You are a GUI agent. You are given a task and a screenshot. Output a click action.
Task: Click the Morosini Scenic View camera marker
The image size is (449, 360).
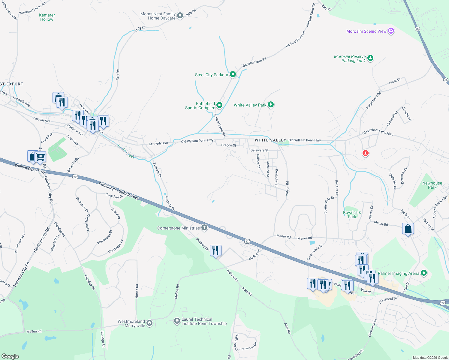[x=391, y=31]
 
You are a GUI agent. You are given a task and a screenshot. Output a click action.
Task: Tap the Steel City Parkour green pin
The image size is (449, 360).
[x=233, y=74]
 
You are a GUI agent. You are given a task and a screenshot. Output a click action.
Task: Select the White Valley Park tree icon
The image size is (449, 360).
[x=271, y=105]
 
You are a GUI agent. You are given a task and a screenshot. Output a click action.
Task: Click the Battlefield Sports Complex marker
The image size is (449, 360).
[x=219, y=105]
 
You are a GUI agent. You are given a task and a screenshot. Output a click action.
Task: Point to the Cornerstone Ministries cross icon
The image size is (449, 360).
[x=204, y=228]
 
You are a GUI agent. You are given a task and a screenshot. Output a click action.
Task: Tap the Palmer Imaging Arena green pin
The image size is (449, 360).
[x=424, y=273]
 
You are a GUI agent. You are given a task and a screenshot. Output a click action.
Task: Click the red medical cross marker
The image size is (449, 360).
[x=365, y=153]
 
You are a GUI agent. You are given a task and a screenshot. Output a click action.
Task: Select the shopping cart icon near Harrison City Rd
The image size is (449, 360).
[x=40, y=157]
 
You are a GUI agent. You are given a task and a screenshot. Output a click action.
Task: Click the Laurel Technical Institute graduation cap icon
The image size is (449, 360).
[x=177, y=321]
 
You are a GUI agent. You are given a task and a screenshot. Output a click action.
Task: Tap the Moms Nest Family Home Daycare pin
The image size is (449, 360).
[x=180, y=16]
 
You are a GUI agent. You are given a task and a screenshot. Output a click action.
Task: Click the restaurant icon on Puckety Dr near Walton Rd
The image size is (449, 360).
[x=215, y=250]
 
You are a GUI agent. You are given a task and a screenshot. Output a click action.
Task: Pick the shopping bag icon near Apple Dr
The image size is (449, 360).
[x=408, y=229]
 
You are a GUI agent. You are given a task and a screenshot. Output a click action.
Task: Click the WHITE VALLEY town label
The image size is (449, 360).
[x=270, y=140]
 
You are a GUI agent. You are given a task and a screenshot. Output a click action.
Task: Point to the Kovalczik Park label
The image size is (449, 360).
[x=352, y=214]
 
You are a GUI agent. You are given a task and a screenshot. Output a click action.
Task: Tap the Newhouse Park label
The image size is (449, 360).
[x=432, y=185]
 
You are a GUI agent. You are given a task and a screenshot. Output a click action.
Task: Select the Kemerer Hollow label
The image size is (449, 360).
[x=47, y=17]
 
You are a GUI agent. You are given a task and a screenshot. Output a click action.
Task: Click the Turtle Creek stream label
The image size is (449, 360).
[x=126, y=151]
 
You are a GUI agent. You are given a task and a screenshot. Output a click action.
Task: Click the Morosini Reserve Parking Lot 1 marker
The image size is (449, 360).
[x=370, y=58]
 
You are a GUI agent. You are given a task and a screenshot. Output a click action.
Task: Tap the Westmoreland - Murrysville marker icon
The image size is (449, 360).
[x=149, y=323]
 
